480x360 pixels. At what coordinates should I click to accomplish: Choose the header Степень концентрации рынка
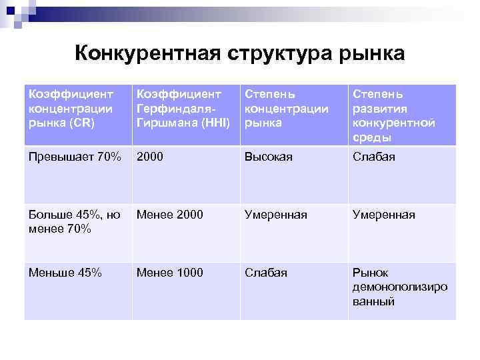tap(287, 108)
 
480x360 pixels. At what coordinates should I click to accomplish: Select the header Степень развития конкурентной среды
tap(393, 115)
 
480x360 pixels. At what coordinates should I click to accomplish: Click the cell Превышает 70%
tap(75, 157)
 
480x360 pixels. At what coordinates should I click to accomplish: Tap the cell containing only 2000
tap(151, 157)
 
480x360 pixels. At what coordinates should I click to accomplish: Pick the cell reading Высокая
tap(269, 157)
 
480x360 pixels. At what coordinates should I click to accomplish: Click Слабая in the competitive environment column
tap(374, 157)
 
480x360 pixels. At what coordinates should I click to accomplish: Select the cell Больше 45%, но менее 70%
tap(75, 221)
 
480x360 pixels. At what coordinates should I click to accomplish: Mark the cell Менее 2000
tap(170, 215)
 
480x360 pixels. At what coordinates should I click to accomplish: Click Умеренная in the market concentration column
tap(276, 215)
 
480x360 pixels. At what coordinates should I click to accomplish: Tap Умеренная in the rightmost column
tap(383, 215)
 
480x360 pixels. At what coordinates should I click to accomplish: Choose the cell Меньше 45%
tap(65, 273)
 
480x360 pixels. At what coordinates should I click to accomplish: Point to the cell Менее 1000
tap(170, 273)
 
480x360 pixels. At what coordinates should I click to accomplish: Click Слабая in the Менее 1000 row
tap(266, 273)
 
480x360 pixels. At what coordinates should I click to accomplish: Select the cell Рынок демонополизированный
tap(399, 287)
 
